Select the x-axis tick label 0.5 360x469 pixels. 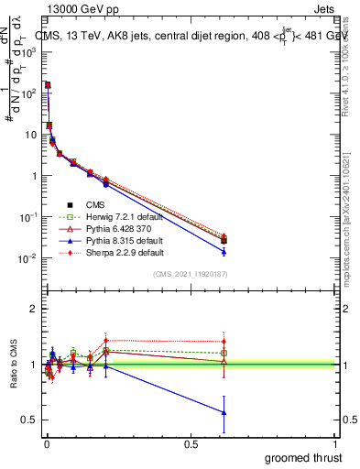[x=191, y=443]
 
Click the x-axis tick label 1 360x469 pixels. [x=335, y=443]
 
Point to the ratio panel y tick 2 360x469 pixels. [x=32, y=309]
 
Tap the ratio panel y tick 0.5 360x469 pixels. [x=29, y=420]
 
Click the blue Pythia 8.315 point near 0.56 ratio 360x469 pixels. [x=224, y=412]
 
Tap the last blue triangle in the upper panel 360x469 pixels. [x=224, y=251]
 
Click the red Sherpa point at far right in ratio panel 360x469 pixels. [x=224, y=342]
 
